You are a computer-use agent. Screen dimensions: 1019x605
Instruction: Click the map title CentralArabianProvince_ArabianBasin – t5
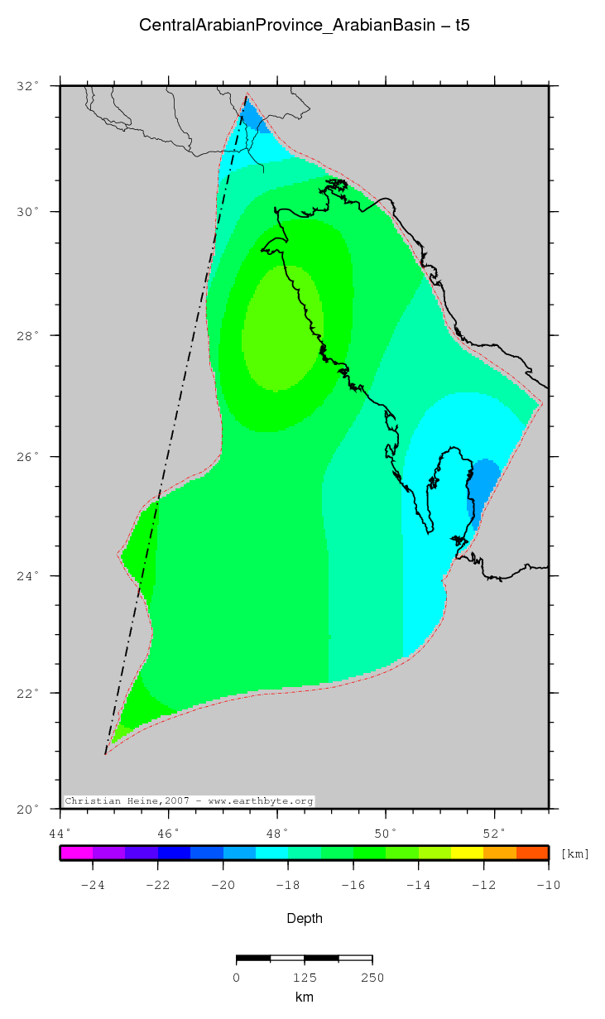[305, 26]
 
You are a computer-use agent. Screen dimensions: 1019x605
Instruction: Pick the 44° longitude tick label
[60, 832]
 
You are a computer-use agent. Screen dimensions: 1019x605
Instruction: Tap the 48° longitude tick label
[277, 832]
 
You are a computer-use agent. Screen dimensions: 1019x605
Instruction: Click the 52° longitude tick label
[494, 832]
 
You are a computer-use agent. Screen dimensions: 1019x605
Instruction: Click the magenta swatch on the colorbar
[76, 853]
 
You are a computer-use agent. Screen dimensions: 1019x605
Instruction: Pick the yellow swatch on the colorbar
[467, 853]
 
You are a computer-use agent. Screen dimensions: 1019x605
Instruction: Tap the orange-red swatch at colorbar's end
[532, 853]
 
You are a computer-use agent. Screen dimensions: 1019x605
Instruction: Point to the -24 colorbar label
[92, 885]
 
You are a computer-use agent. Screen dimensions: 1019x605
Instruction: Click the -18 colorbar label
[287, 885]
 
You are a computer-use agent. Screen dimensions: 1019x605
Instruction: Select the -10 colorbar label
[547, 885]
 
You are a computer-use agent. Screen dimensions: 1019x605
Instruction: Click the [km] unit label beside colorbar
[574, 853]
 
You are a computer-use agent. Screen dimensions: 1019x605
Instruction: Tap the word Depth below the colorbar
[305, 918]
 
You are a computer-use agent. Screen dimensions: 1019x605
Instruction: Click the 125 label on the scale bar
[305, 978]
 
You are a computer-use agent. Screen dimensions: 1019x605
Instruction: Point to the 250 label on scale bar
[372, 978]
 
